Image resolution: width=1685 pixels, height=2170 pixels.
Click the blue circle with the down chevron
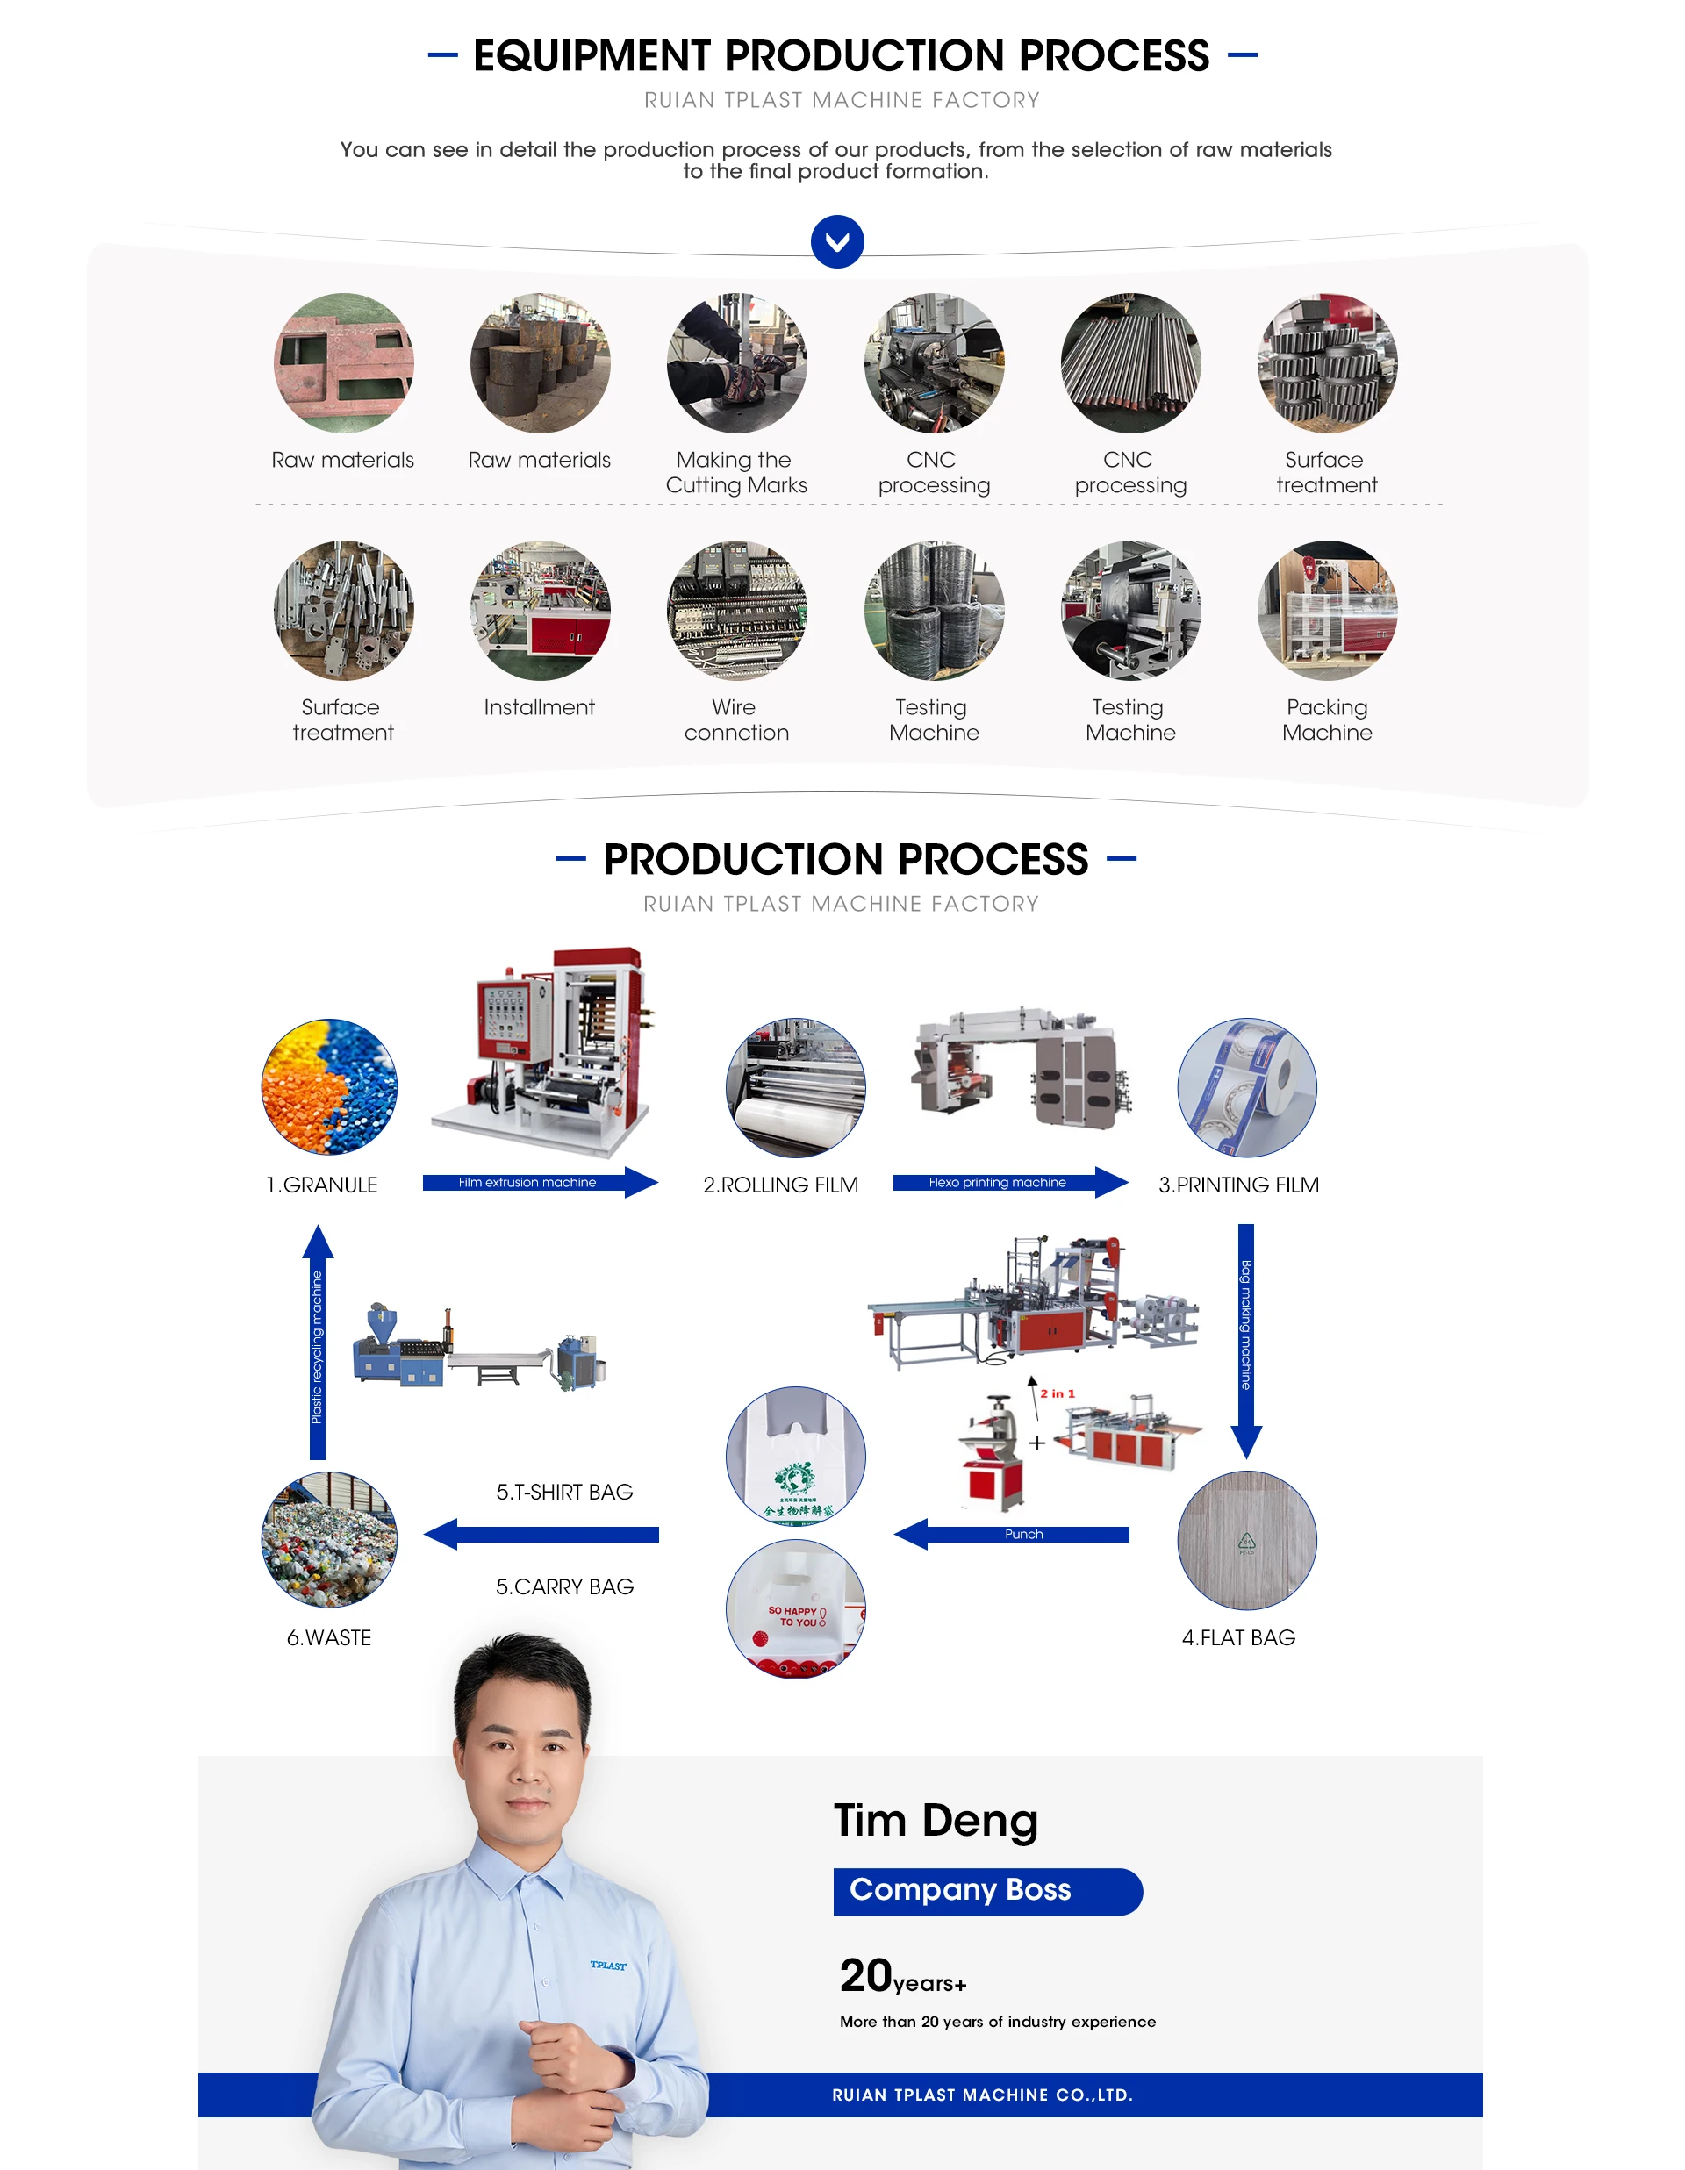(836, 241)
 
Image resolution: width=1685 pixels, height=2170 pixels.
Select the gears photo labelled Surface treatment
(1326, 362)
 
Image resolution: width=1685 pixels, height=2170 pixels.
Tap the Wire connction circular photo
(736, 610)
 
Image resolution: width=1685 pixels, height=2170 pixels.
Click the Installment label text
(539, 707)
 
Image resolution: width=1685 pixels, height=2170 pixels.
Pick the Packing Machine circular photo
(1326, 610)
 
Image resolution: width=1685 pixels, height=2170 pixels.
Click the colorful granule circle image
(329, 1086)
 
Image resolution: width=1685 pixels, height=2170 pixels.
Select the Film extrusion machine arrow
(540, 1182)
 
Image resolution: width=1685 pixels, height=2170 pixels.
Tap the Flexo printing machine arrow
(1009, 1182)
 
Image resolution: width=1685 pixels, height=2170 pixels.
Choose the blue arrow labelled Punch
(1011, 1534)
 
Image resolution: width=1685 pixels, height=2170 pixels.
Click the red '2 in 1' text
(1058, 1394)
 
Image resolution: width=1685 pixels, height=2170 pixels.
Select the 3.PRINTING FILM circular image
(1246, 1087)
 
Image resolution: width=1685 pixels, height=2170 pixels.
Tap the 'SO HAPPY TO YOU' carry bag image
(795, 1608)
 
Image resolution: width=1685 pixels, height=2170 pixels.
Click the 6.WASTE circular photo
(329, 1539)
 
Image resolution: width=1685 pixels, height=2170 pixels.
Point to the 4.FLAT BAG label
(1238, 1637)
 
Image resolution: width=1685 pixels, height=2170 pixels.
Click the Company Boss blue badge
(986, 1891)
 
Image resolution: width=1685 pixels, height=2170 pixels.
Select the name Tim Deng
(935, 1820)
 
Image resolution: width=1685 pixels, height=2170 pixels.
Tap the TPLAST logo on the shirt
(608, 1966)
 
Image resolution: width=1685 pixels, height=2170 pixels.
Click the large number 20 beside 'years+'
(865, 1975)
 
